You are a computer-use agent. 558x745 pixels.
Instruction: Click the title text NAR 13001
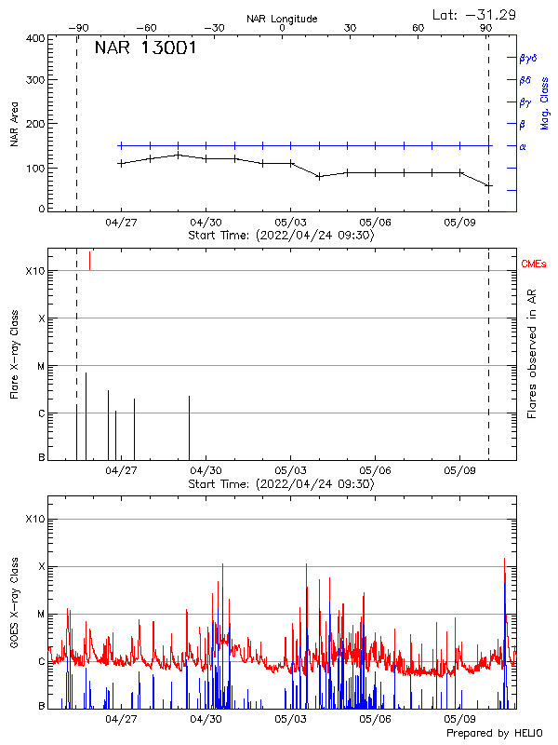coord(145,48)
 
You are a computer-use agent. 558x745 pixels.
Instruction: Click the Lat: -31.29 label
coord(475,14)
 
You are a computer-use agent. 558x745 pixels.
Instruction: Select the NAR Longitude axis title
coord(282,19)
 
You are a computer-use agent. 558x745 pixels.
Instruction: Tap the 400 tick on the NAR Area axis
coord(36,38)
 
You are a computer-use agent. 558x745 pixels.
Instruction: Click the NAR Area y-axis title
coord(15,124)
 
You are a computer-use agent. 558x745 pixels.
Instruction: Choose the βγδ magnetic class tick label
coord(528,58)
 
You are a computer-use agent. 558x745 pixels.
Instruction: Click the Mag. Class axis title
coord(545,103)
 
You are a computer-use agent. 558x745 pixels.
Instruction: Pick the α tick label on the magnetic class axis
coord(523,146)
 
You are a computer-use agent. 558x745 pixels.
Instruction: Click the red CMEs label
coord(534,264)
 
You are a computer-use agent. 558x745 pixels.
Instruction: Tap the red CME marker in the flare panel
coord(89,261)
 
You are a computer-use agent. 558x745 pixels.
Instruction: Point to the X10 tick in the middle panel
coord(34,271)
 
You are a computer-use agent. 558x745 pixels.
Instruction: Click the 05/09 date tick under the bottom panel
coord(460,719)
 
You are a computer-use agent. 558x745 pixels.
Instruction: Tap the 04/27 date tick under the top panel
coord(121,223)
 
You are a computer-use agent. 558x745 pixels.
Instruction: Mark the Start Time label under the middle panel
coord(282,484)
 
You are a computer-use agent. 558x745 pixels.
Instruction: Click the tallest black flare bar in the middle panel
coord(86,415)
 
